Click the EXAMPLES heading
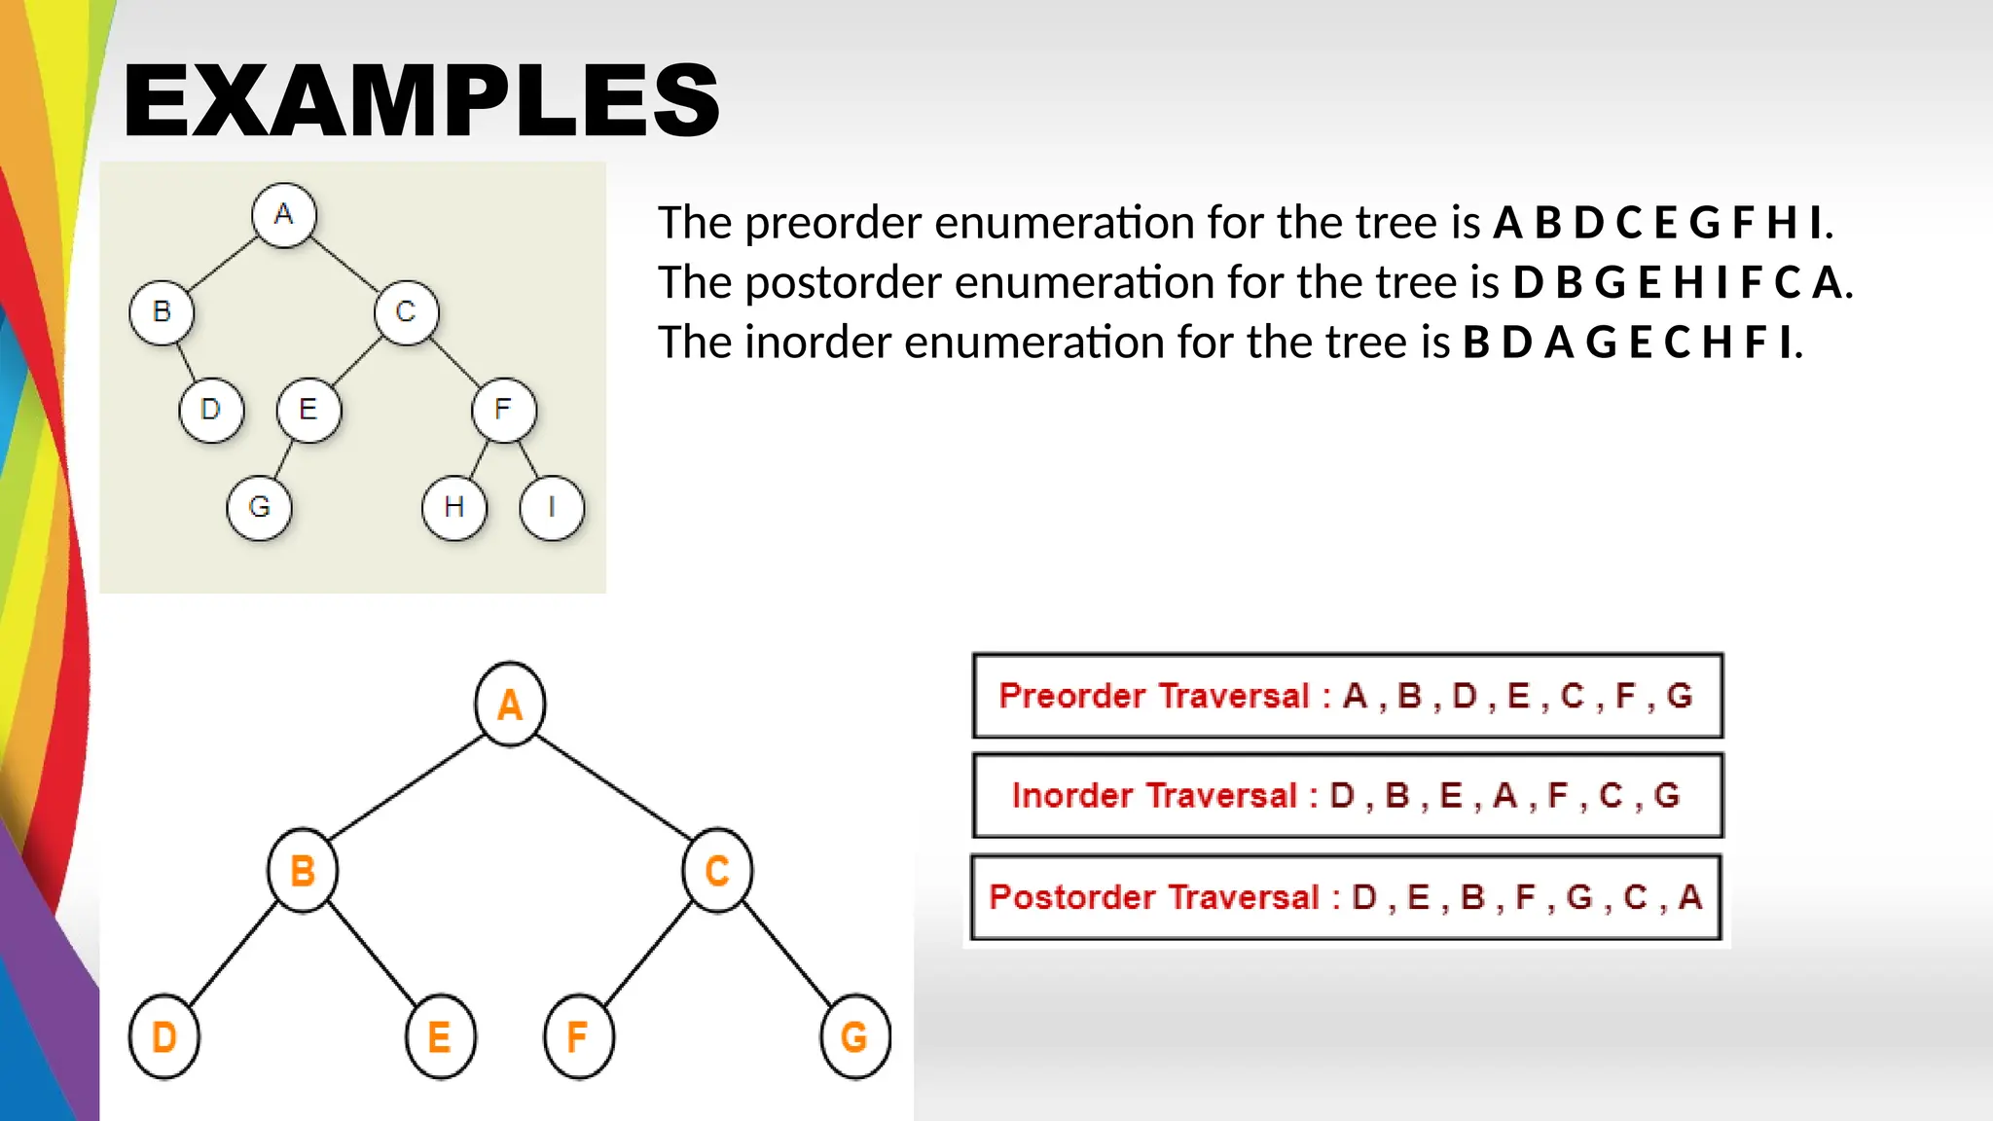pyautogui.click(x=420, y=100)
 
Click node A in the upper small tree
pyautogui.click(x=283, y=214)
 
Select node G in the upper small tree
pyautogui.click(x=259, y=507)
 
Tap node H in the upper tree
pyautogui.click(x=453, y=507)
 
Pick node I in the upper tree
pyautogui.click(x=552, y=507)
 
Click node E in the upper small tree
pyautogui.click(x=308, y=410)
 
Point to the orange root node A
pyautogui.click(x=510, y=705)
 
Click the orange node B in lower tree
pyautogui.click(x=303, y=870)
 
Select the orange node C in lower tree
pyautogui.click(x=717, y=870)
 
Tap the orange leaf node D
pyautogui.click(x=163, y=1037)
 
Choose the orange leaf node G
pyautogui.click(x=854, y=1037)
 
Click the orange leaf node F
pyautogui.click(x=578, y=1037)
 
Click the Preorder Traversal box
pyautogui.click(x=1347, y=696)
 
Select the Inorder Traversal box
pyautogui.click(x=1347, y=795)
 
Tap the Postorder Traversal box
pyautogui.click(x=1347, y=897)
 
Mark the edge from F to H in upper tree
pyautogui.click(x=479, y=458)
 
